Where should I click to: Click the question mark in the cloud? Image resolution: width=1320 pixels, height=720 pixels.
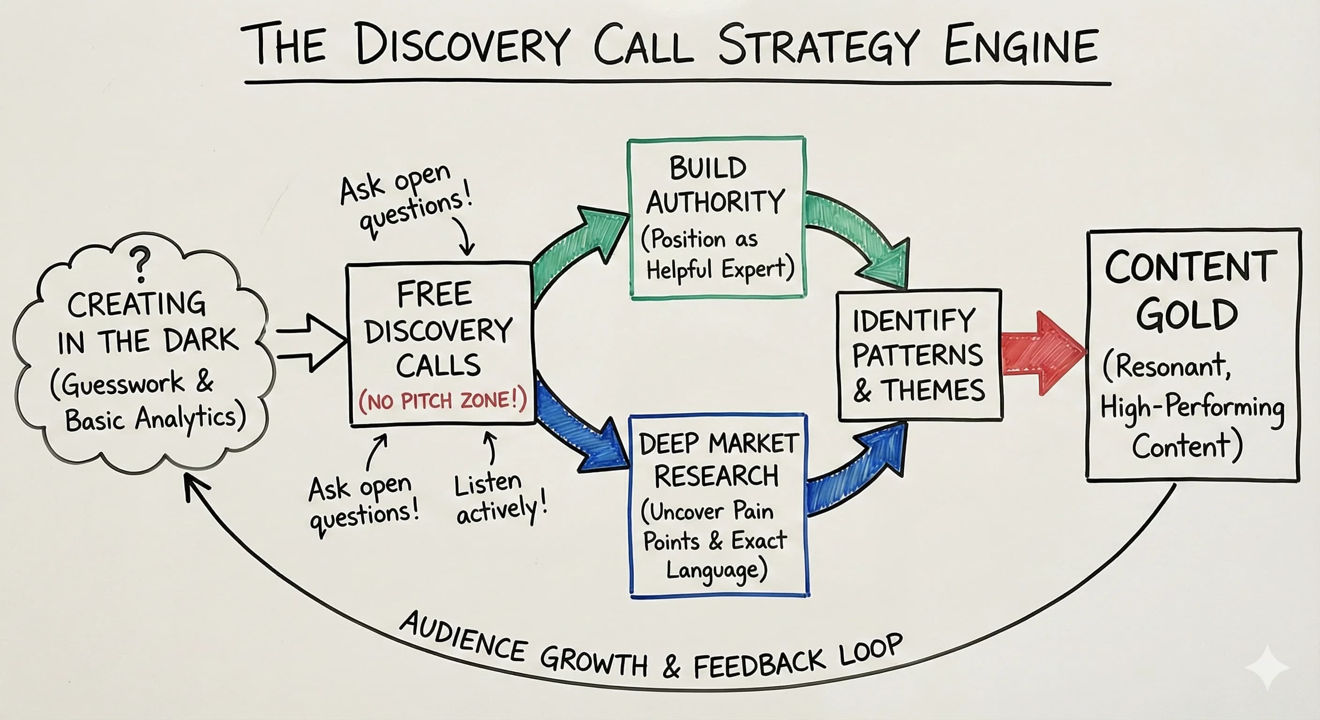[140, 264]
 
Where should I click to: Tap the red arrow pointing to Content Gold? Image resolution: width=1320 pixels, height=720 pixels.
[1043, 353]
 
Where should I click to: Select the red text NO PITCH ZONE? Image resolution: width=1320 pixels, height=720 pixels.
[442, 401]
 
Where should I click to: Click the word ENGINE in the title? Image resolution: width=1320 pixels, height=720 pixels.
[1021, 46]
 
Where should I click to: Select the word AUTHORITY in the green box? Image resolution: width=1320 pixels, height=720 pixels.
[715, 202]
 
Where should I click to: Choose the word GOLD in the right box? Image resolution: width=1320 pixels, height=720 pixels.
[1187, 314]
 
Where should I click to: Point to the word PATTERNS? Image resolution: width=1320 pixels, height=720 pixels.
[918, 355]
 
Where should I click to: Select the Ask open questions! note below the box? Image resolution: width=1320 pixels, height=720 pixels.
[363, 505]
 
